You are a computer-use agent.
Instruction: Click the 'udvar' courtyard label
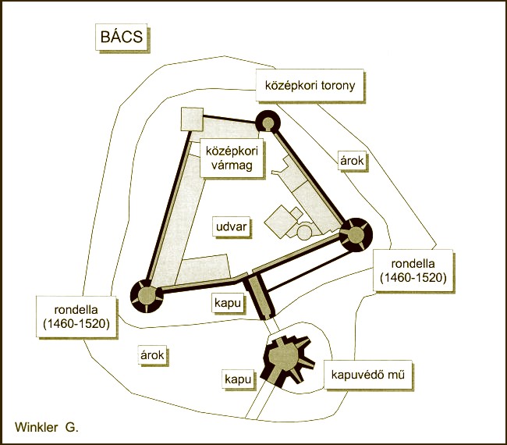pyautogui.click(x=231, y=226)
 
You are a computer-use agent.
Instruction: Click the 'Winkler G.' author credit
pyautogui.click(x=47, y=428)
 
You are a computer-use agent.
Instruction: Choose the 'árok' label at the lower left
pyautogui.click(x=153, y=354)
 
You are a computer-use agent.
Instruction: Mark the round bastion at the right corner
pyautogui.click(x=354, y=233)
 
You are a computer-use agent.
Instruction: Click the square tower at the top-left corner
pyautogui.click(x=192, y=119)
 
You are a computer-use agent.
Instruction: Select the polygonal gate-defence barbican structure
pyautogui.click(x=285, y=360)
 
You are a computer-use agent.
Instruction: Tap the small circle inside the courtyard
pyautogui.click(x=304, y=232)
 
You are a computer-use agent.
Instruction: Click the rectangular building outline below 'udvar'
pyautogui.click(x=204, y=269)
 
